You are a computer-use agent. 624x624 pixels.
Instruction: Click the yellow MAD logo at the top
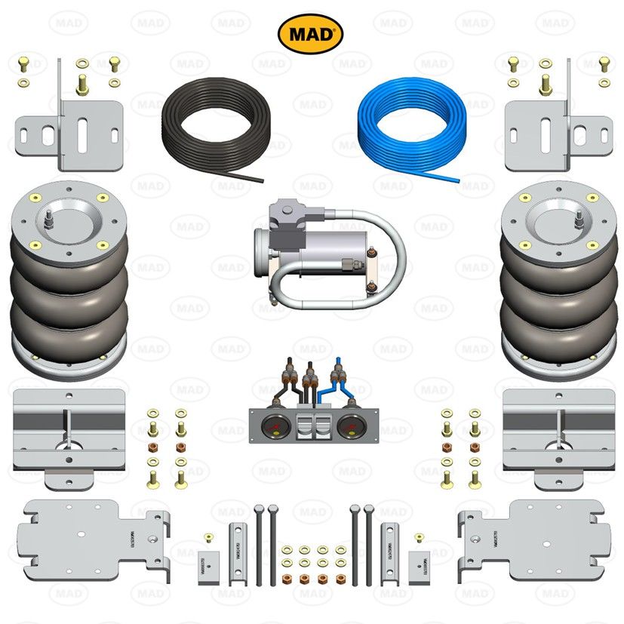coord(311,34)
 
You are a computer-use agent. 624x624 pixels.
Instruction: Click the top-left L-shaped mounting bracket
coord(72,128)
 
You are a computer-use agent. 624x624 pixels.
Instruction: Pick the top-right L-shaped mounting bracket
coord(555,128)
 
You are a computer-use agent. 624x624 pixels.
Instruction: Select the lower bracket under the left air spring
coord(68,434)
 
